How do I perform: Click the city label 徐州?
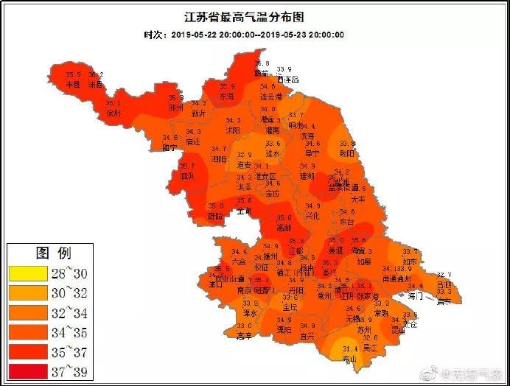tap(113, 114)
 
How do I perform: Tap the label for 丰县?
tap(72, 85)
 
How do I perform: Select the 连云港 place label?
tap(271, 96)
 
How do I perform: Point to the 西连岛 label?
tap(288, 79)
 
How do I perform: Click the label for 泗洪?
tap(187, 176)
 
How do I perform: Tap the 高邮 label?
tap(284, 228)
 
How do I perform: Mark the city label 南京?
tap(226, 290)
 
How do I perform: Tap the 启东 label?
tap(443, 301)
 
